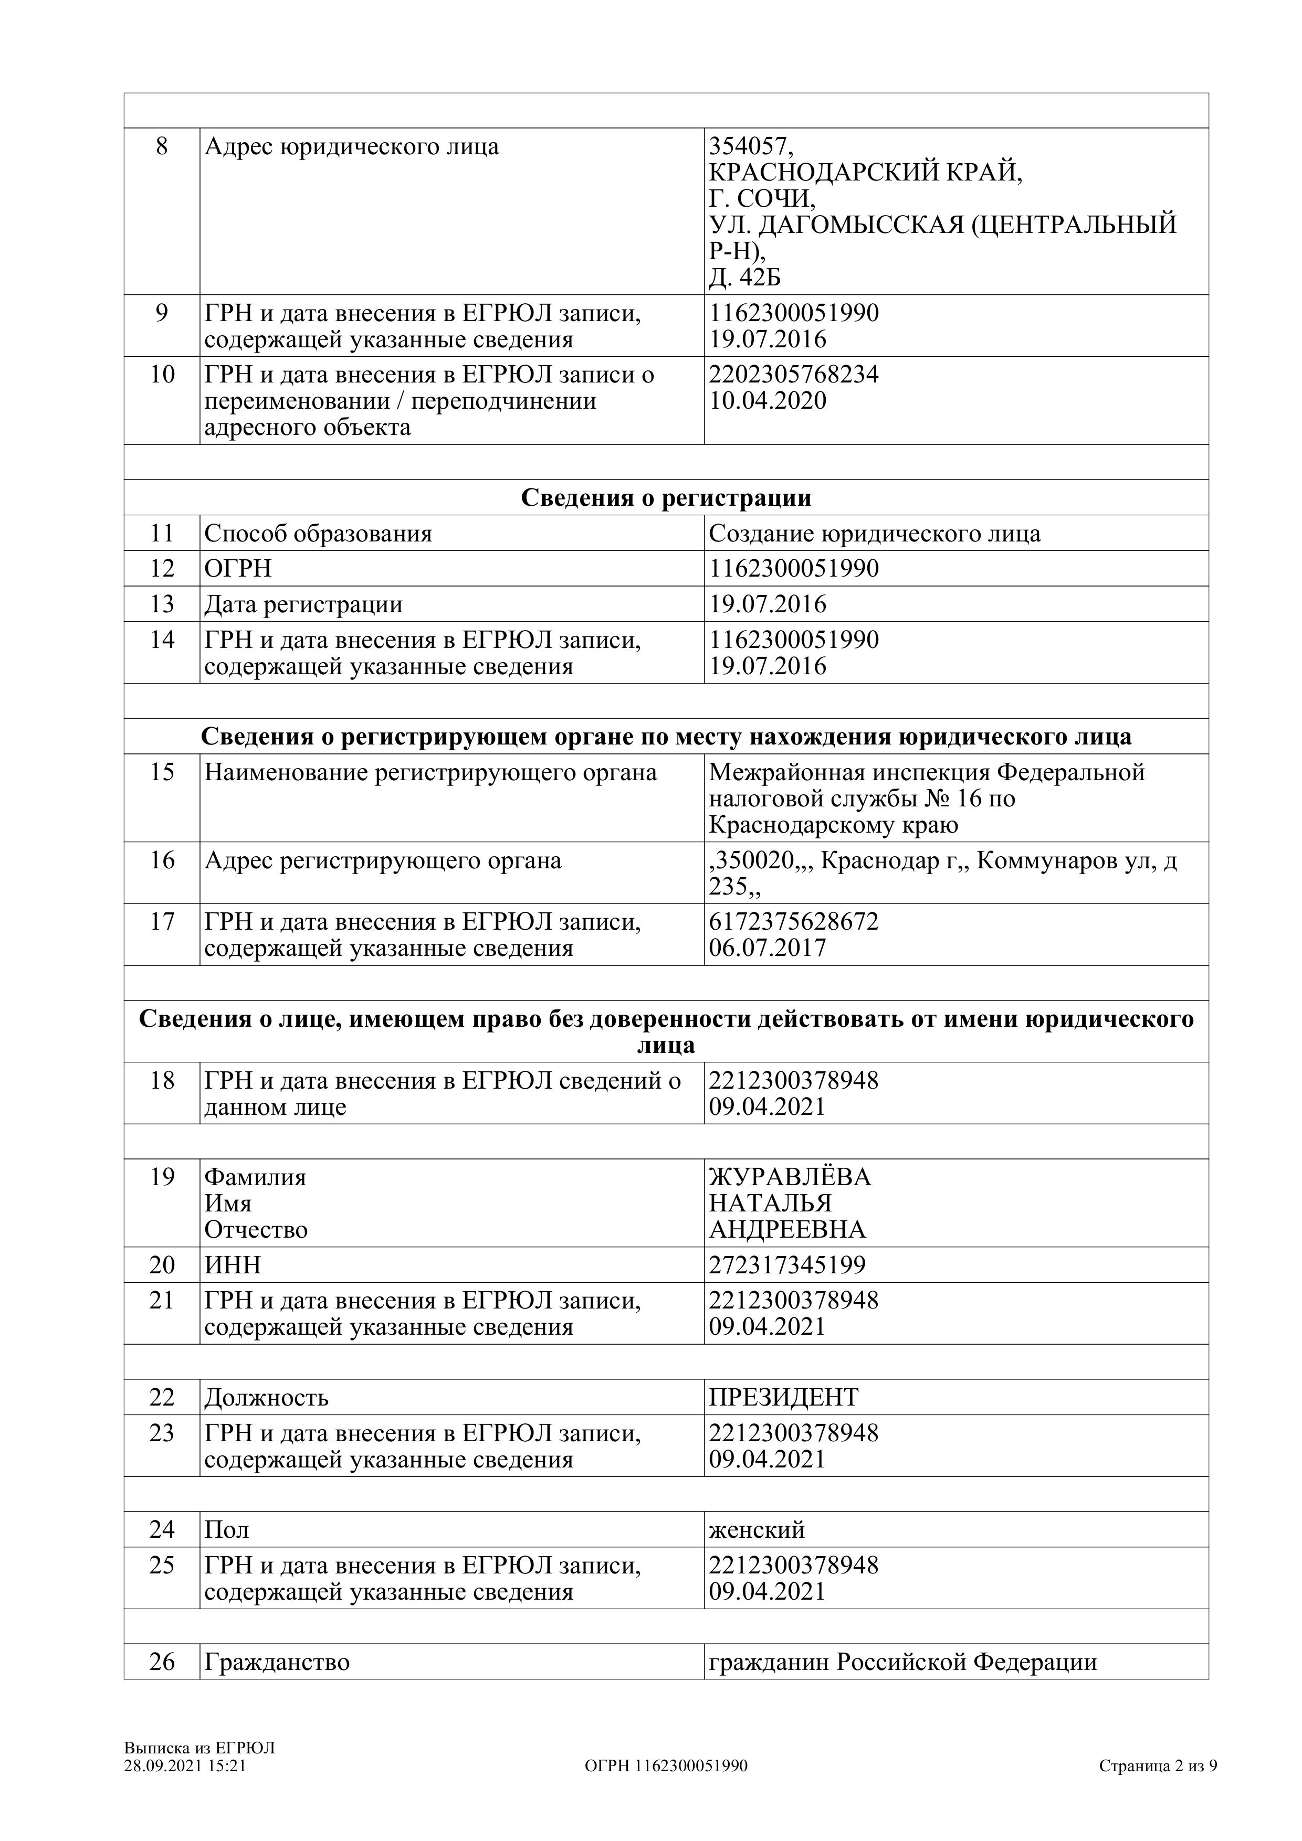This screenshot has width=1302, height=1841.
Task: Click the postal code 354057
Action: (750, 147)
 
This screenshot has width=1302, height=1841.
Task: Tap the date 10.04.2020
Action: (767, 401)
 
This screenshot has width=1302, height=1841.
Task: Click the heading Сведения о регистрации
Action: (666, 498)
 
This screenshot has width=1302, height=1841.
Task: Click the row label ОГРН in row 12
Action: (238, 569)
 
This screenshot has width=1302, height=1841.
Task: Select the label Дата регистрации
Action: (303, 604)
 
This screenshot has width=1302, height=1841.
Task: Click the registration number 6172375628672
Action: (793, 921)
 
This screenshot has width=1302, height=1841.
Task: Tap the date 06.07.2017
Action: (767, 949)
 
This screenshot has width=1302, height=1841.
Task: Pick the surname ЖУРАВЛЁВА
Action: (790, 1177)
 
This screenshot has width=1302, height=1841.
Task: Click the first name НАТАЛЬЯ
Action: (770, 1204)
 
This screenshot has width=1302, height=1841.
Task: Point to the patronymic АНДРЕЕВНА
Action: (787, 1230)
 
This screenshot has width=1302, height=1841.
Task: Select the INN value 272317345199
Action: (787, 1265)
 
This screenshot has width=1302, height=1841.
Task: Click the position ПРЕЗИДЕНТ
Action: (783, 1398)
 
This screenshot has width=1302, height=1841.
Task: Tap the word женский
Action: (757, 1530)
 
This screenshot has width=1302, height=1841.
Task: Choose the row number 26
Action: (162, 1662)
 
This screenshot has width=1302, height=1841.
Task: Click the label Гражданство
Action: (277, 1662)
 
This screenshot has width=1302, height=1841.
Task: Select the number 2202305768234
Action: (793, 375)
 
